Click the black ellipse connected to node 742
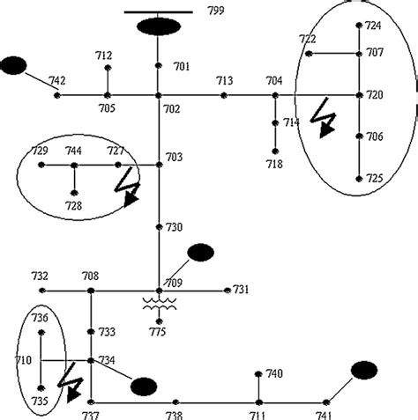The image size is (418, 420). (x=13, y=65)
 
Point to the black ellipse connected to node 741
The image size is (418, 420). (x=364, y=370)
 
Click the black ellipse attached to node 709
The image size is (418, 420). (x=201, y=253)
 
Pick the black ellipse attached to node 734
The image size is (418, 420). (x=143, y=385)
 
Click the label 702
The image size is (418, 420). (x=171, y=109)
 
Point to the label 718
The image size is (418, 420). (x=274, y=164)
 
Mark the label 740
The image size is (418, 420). (x=274, y=374)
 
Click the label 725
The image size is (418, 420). (x=375, y=178)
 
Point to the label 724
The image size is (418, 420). (x=375, y=26)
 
